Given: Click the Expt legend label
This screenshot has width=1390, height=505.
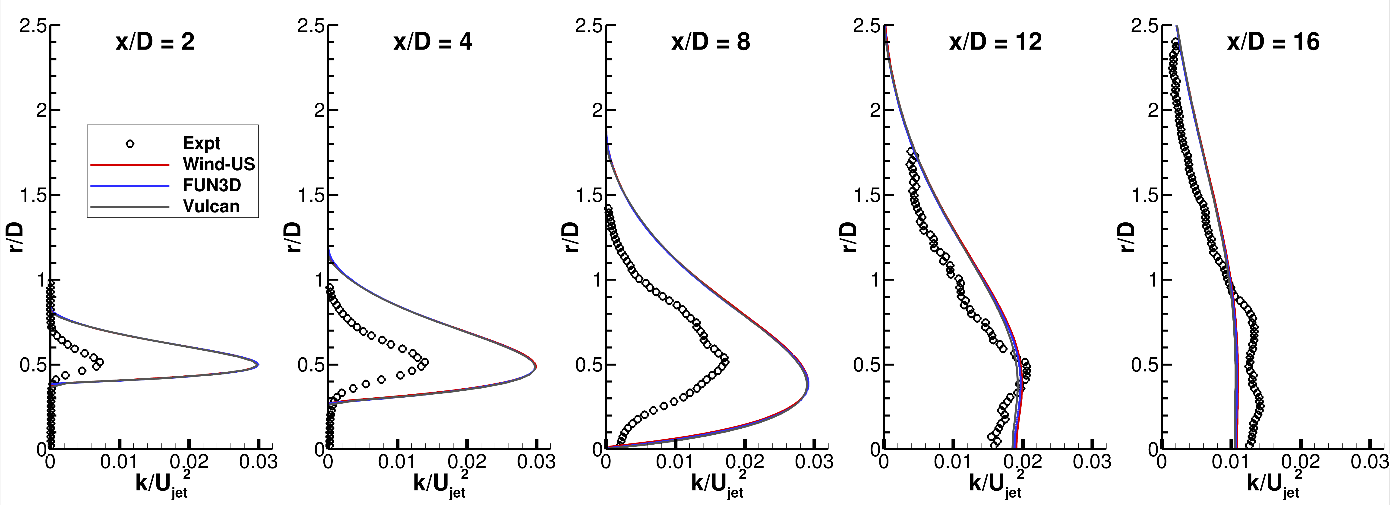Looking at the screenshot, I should (x=201, y=143).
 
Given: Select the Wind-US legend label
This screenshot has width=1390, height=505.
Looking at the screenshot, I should (x=218, y=164).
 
